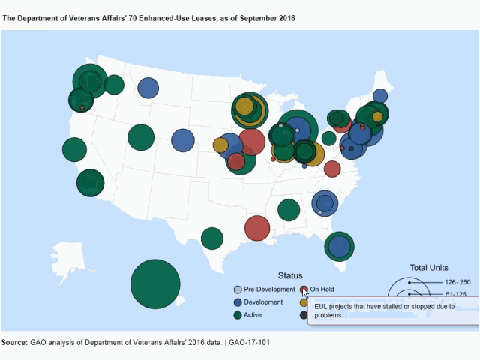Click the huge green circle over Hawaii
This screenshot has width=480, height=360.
pos(155,283)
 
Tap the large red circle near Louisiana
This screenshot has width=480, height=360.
pos(257,229)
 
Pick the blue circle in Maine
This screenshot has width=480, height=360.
pos(380,95)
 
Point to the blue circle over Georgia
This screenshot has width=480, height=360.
pos(324,202)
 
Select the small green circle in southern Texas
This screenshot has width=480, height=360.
pos(212,238)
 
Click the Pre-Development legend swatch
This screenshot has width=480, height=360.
pos(238,289)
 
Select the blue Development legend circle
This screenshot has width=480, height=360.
pos(238,302)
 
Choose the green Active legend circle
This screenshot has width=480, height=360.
pos(238,315)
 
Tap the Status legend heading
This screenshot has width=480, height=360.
pos(290,275)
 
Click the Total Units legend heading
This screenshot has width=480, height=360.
pos(429,267)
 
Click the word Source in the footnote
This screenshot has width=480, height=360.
pos(14,343)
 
